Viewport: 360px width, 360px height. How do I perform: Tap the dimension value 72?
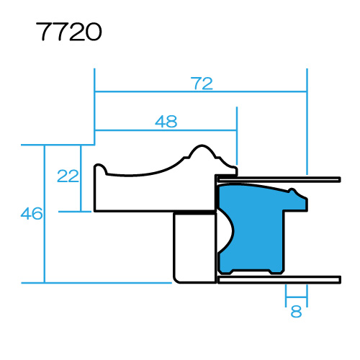coord(202,84)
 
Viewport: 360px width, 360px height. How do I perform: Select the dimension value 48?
coord(166,122)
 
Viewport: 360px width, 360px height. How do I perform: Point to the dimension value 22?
coord(68,176)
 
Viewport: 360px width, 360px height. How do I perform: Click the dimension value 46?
coord(32,213)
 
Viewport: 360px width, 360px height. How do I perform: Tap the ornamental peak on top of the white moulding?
coord(201,149)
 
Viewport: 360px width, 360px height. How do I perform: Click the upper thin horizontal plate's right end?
coord(337,179)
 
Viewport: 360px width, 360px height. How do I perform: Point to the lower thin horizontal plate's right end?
coord(337,279)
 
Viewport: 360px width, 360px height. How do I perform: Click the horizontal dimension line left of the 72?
coord(144,92)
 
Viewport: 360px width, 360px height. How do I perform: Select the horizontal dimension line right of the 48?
coord(209,130)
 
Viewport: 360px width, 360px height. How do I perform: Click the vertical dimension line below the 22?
coord(80,198)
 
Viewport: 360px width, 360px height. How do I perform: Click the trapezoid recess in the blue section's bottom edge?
coord(274,272)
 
